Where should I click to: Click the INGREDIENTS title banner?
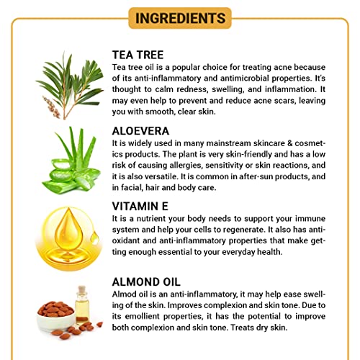click(180, 18)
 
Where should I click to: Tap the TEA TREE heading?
click(138, 55)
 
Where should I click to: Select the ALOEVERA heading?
click(140, 131)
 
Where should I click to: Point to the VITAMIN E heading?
click(140, 206)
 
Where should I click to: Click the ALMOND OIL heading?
click(146, 282)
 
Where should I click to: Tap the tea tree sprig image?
click(71, 85)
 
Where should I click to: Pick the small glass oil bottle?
click(82, 305)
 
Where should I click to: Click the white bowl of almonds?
click(56, 315)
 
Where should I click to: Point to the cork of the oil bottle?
click(82, 289)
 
